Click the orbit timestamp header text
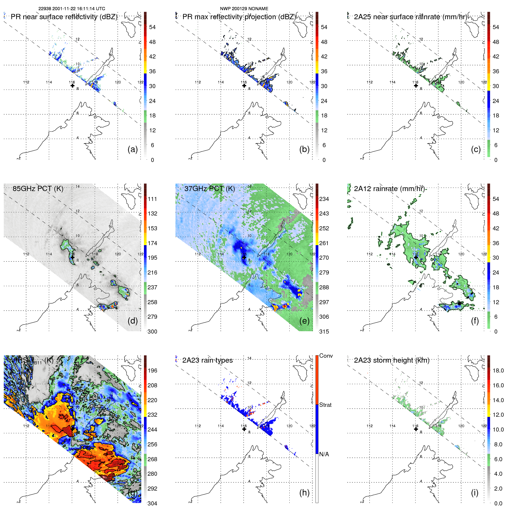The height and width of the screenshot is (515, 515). pyautogui.click(x=72, y=9)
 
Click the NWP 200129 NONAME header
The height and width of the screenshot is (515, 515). pyautogui.click(x=244, y=9)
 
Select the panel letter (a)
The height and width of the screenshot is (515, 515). pyautogui.click(x=133, y=149)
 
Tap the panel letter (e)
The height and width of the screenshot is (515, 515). pyautogui.click(x=304, y=321)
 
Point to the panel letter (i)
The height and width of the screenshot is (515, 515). pyautogui.click(x=475, y=493)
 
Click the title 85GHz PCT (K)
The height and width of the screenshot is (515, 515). pyautogui.click(x=38, y=188)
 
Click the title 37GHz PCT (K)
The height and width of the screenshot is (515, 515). pyautogui.click(x=209, y=188)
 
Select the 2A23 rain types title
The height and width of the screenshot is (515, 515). pyautogui.click(x=207, y=360)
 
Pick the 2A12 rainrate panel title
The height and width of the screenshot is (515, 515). pyautogui.click(x=389, y=188)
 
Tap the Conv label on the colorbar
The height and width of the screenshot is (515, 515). pyautogui.click(x=326, y=356)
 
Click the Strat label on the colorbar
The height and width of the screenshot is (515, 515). pyautogui.click(x=325, y=405)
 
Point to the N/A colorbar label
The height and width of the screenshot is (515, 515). pyautogui.click(x=324, y=454)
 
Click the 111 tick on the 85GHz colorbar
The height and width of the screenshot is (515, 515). pyautogui.click(x=152, y=199)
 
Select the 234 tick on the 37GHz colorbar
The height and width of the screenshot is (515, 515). pyautogui.click(x=324, y=199)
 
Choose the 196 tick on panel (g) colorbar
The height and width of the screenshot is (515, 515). pyautogui.click(x=152, y=370)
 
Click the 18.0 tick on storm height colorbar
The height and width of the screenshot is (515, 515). pyautogui.click(x=498, y=370)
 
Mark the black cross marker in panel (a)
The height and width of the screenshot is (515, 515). pyautogui.click(x=72, y=85)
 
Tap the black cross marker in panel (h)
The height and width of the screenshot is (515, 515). pyautogui.click(x=244, y=429)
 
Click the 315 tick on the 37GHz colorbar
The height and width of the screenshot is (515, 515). pyautogui.click(x=324, y=332)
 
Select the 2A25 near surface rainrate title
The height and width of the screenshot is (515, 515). pyautogui.click(x=410, y=17)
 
